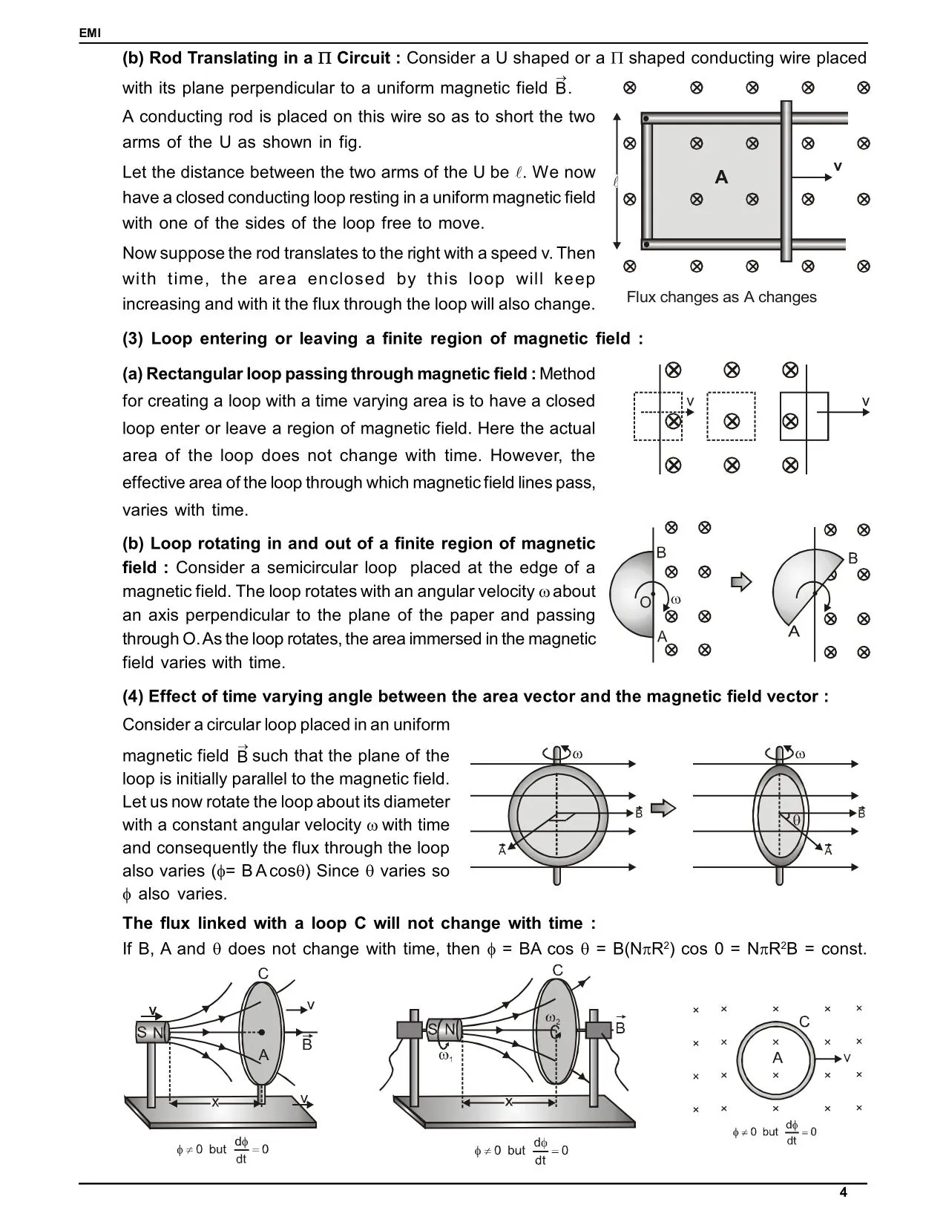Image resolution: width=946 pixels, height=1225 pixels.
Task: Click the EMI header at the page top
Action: click(x=90, y=33)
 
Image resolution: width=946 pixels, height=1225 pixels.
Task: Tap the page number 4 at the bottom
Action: click(x=843, y=1193)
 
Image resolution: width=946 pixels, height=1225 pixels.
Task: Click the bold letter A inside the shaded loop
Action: click(x=721, y=177)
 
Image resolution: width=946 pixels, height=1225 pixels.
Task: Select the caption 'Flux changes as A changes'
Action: click(x=721, y=297)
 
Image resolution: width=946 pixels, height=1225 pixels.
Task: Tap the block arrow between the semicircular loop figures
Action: click(x=741, y=582)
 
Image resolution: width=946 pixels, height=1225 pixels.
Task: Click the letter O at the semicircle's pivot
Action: click(x=645, y=602)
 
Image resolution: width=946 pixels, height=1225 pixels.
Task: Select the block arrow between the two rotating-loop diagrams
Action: click(x=663, y=808)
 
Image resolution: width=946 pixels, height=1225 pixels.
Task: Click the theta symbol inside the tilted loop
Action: click(x=796, y=820)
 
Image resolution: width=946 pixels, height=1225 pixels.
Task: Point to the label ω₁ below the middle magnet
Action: click(x=445, y=1056)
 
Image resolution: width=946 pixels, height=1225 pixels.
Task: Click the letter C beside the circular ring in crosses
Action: click(x=804, y=1022)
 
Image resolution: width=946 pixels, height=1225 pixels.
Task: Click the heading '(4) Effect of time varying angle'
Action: click(x=475, y=696)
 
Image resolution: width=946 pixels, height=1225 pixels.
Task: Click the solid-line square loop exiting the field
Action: click(x=804, y=416)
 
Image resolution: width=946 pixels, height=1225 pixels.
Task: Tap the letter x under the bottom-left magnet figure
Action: click(x=214, y=1102)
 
